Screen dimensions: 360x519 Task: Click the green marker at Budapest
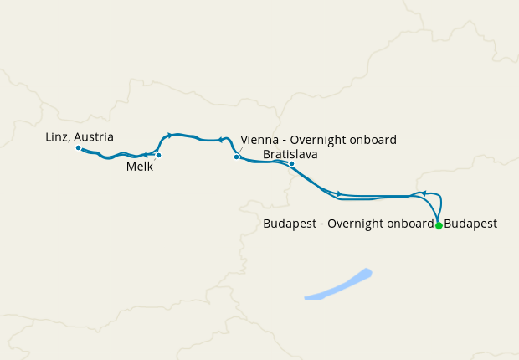click(x=439, y=225)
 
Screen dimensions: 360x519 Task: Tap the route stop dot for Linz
click(x=78, y=148)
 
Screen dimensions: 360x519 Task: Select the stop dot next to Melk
click(x=158, y=155)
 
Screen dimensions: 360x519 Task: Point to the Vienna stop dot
click(x=237, y=157)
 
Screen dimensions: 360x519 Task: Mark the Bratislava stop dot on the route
click(x=291, y=164)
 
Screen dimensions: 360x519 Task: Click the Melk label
click(x=140, y=167)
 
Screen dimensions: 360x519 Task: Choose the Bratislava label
click(x=290, y=154)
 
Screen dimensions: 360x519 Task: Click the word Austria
click(x=95, y=136)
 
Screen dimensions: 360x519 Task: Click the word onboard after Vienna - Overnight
click(x=373, y=140)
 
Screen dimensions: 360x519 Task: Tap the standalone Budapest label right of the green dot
click(x=470, y=224)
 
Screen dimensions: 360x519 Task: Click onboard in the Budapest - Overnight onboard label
click(x=409, y=224)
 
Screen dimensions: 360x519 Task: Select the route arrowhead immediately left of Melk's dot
click(x=146, y=155)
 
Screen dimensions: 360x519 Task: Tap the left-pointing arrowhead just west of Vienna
click(x=221, y=140)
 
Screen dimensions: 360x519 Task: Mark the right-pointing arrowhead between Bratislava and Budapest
click(x=339, y=193)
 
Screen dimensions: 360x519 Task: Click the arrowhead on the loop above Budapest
click(x=424, y=193)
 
